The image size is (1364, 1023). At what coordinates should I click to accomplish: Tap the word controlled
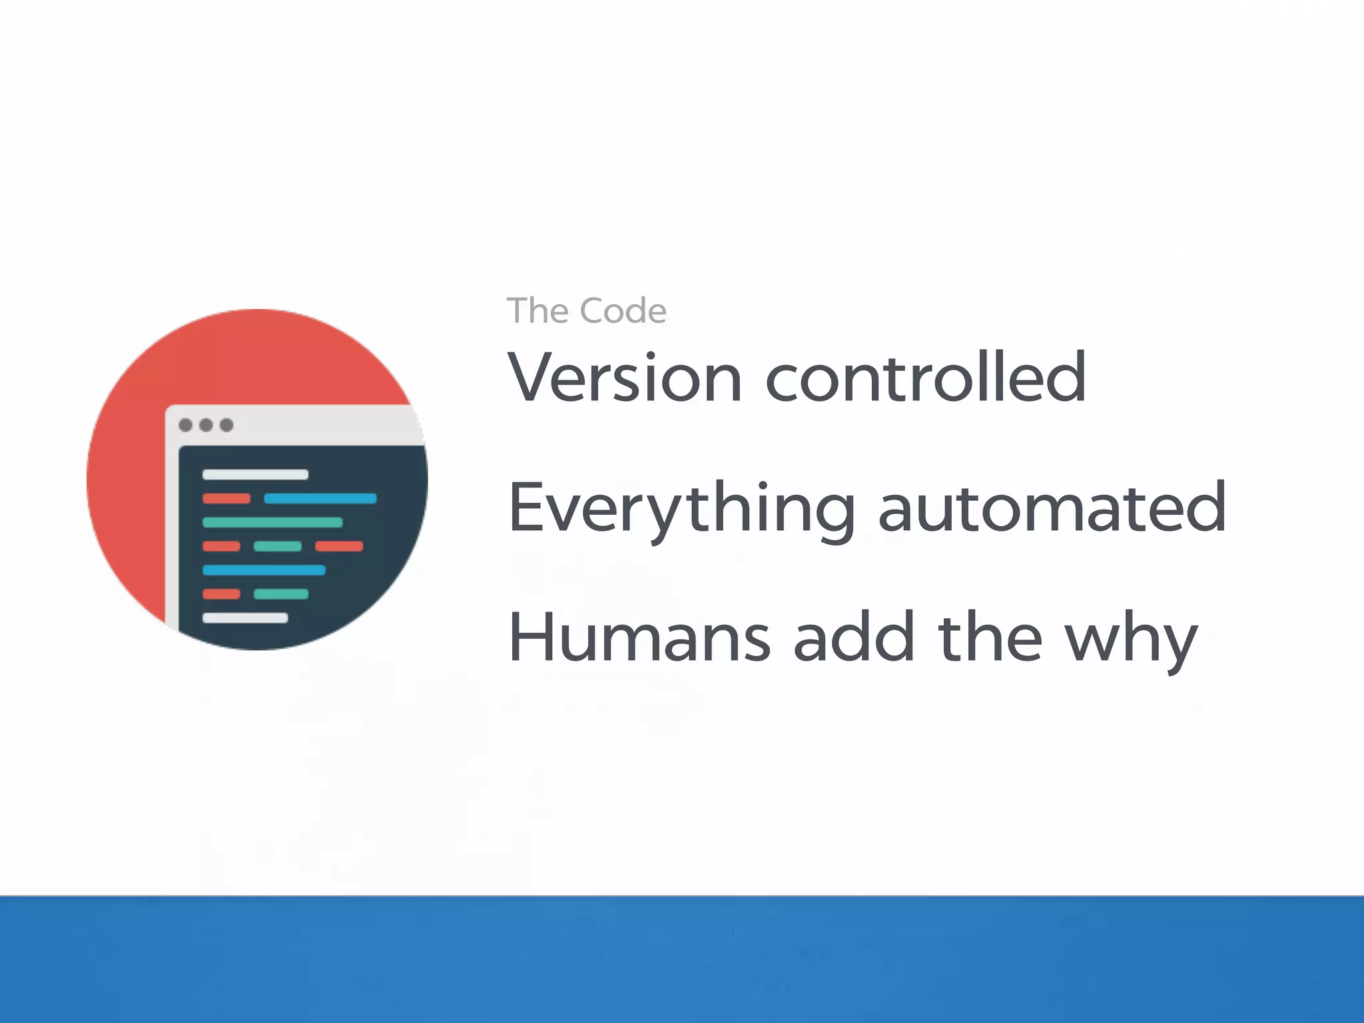pos(926,378)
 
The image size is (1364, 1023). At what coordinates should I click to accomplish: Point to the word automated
pos(1052,509)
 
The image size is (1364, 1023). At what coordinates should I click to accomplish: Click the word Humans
pos(639,638)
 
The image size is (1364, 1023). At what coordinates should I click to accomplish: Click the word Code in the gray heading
pos(623,311)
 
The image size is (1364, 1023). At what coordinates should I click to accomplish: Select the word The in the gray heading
pos(537,311)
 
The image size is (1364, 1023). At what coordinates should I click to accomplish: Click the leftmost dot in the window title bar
pos(186,425)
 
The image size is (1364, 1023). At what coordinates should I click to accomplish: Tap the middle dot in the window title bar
pos(206,425)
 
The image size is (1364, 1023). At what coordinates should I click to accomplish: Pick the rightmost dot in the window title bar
pos(226,425)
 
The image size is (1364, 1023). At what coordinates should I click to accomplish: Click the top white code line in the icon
pos(255,475)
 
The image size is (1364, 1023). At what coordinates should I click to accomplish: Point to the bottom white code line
pos(245,618)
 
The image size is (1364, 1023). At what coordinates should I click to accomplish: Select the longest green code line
pos(272,523)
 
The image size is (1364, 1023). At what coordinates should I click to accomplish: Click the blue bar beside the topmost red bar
pos(320,499)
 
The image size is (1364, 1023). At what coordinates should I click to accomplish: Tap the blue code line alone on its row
pos(264,570)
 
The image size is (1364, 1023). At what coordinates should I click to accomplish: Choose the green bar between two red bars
pos(278,547)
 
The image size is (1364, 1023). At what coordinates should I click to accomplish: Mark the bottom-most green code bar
pos(281,594)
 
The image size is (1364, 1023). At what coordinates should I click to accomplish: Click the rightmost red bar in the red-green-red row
pos(339,547)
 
